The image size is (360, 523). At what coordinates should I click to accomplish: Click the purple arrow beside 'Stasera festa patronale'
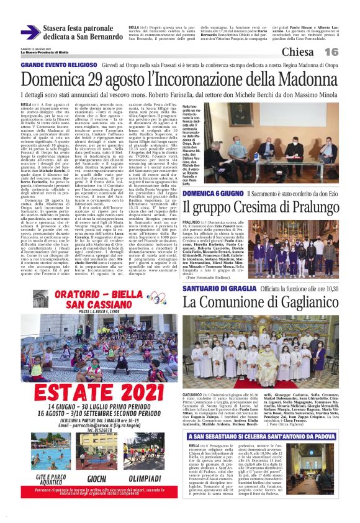[30, 32]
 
